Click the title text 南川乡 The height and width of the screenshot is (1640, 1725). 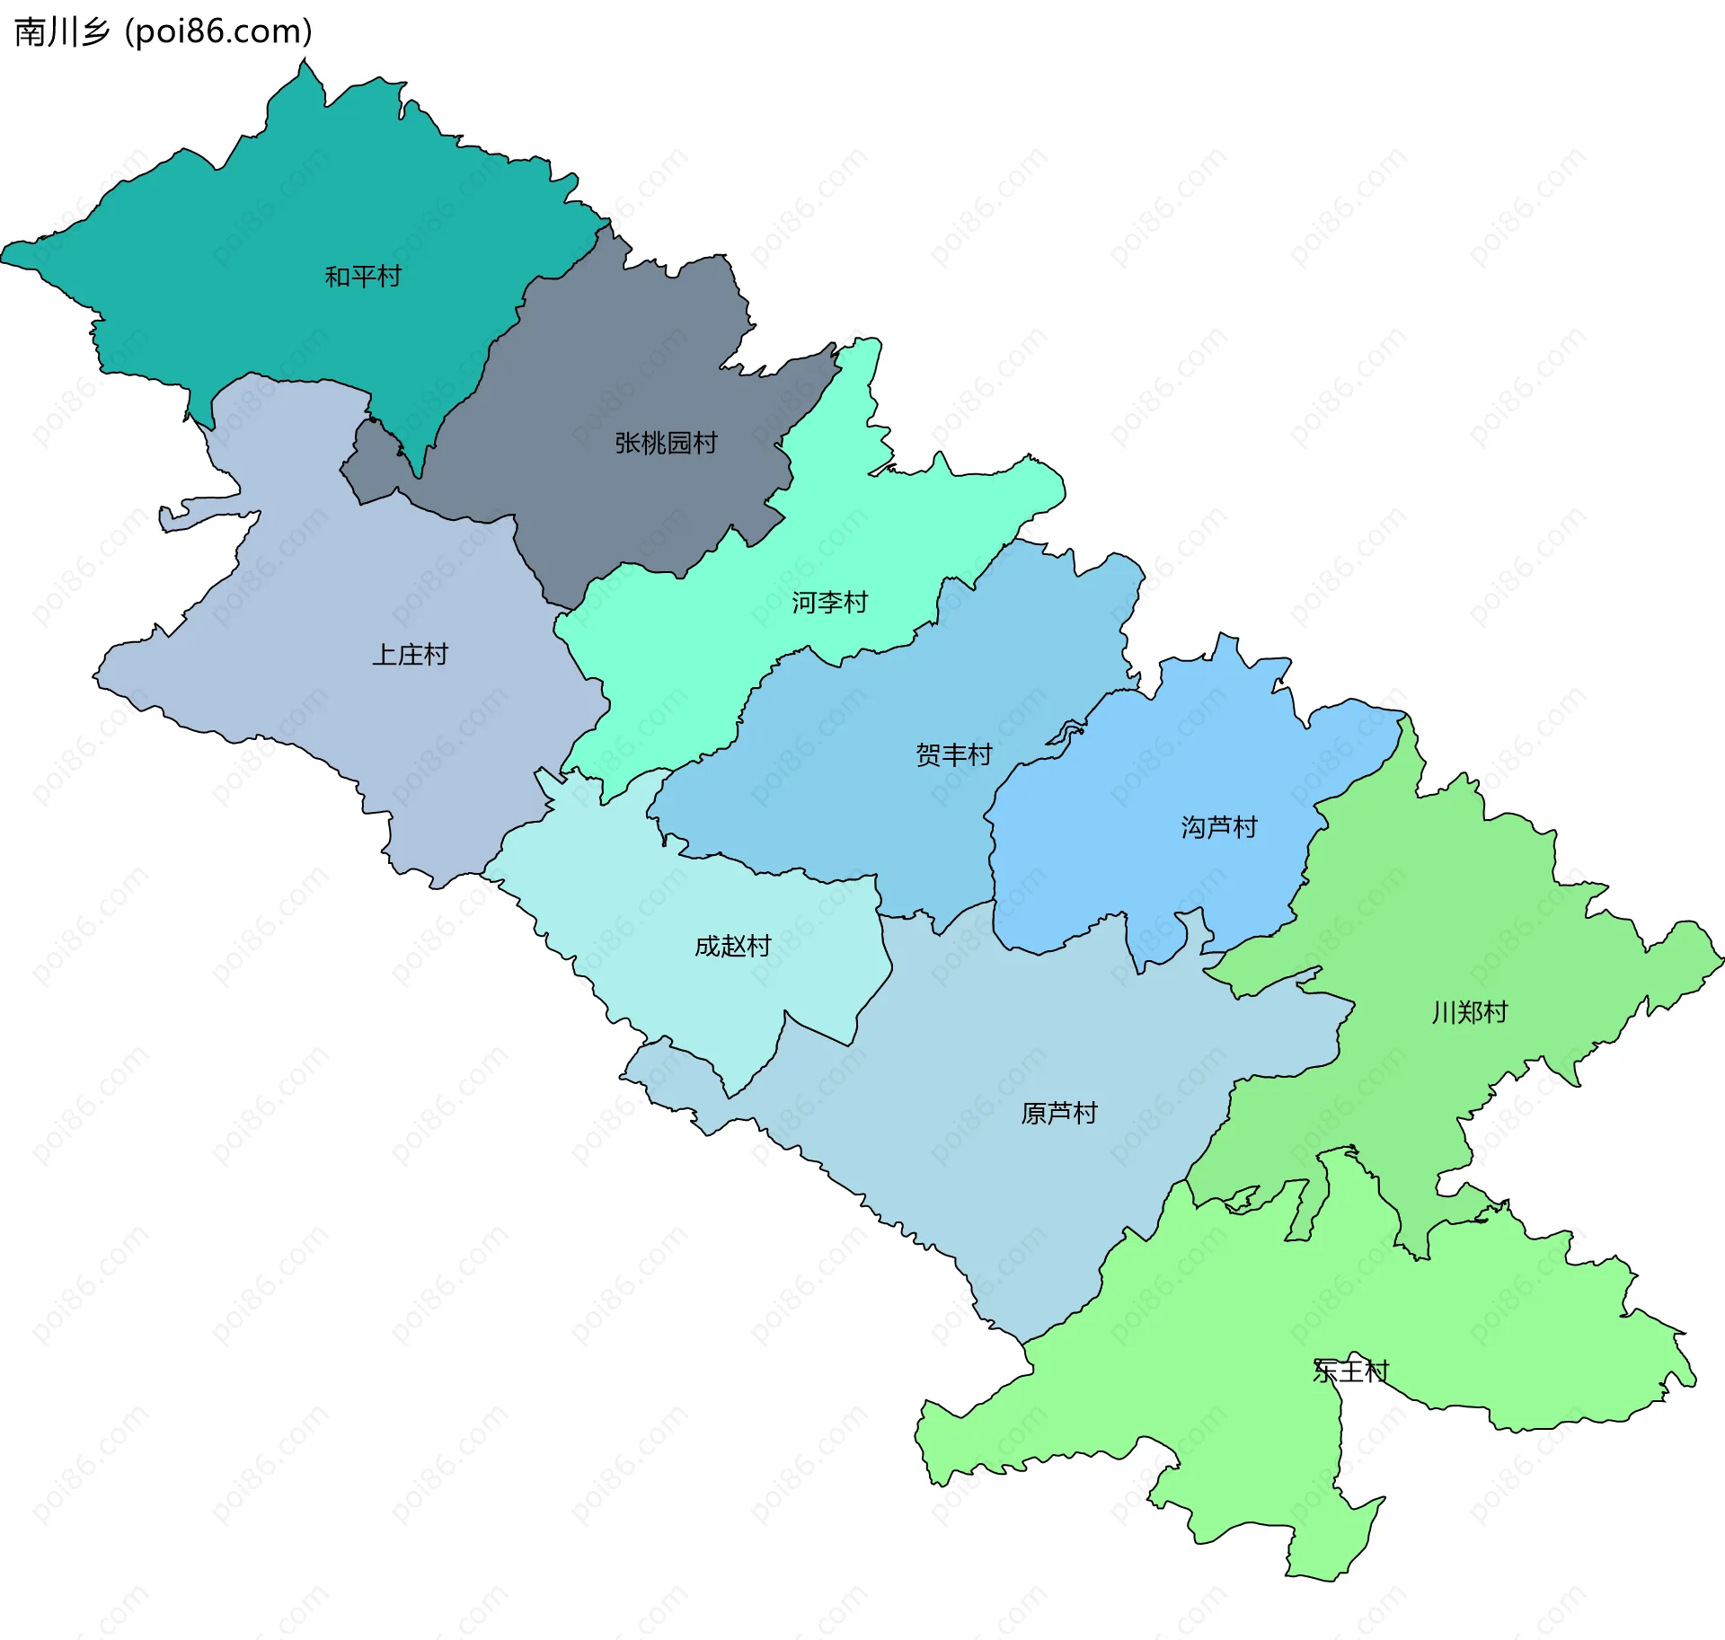tap(61, 32)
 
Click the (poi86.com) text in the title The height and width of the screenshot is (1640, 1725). tap(218, 32)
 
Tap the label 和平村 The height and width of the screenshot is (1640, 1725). tap(362, 277)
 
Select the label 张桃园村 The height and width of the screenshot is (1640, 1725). tap(666, 443)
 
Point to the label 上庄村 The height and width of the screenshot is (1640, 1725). tap(410, 655)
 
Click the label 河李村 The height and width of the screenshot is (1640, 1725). tap(829, 603)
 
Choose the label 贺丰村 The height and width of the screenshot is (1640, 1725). tap(953, 754)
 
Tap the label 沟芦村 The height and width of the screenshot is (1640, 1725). tap(1218, 827)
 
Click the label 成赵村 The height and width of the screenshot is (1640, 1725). tap(732, 946)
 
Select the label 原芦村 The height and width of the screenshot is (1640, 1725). tap(1059, 1114)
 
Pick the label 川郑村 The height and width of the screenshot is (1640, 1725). tap(1469, 1013)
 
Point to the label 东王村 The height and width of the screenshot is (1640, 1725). tap(1350, 1371)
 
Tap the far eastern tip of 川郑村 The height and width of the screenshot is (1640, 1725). tap(1721, 961)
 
